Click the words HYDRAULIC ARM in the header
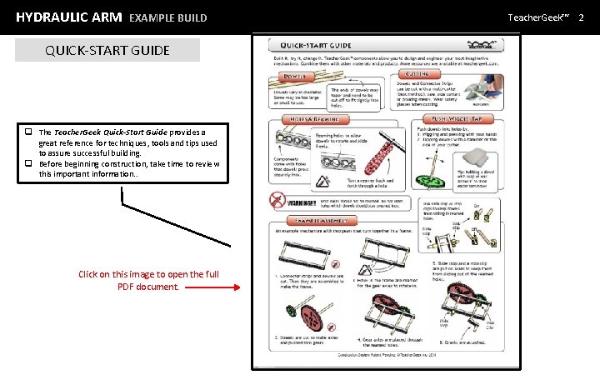(x=68, y=17)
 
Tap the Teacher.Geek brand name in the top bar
(x=539, y=17)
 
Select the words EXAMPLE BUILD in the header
(x=167, y=17)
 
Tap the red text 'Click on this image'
(x=148, y=274)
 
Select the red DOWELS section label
(x=287, y=72)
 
